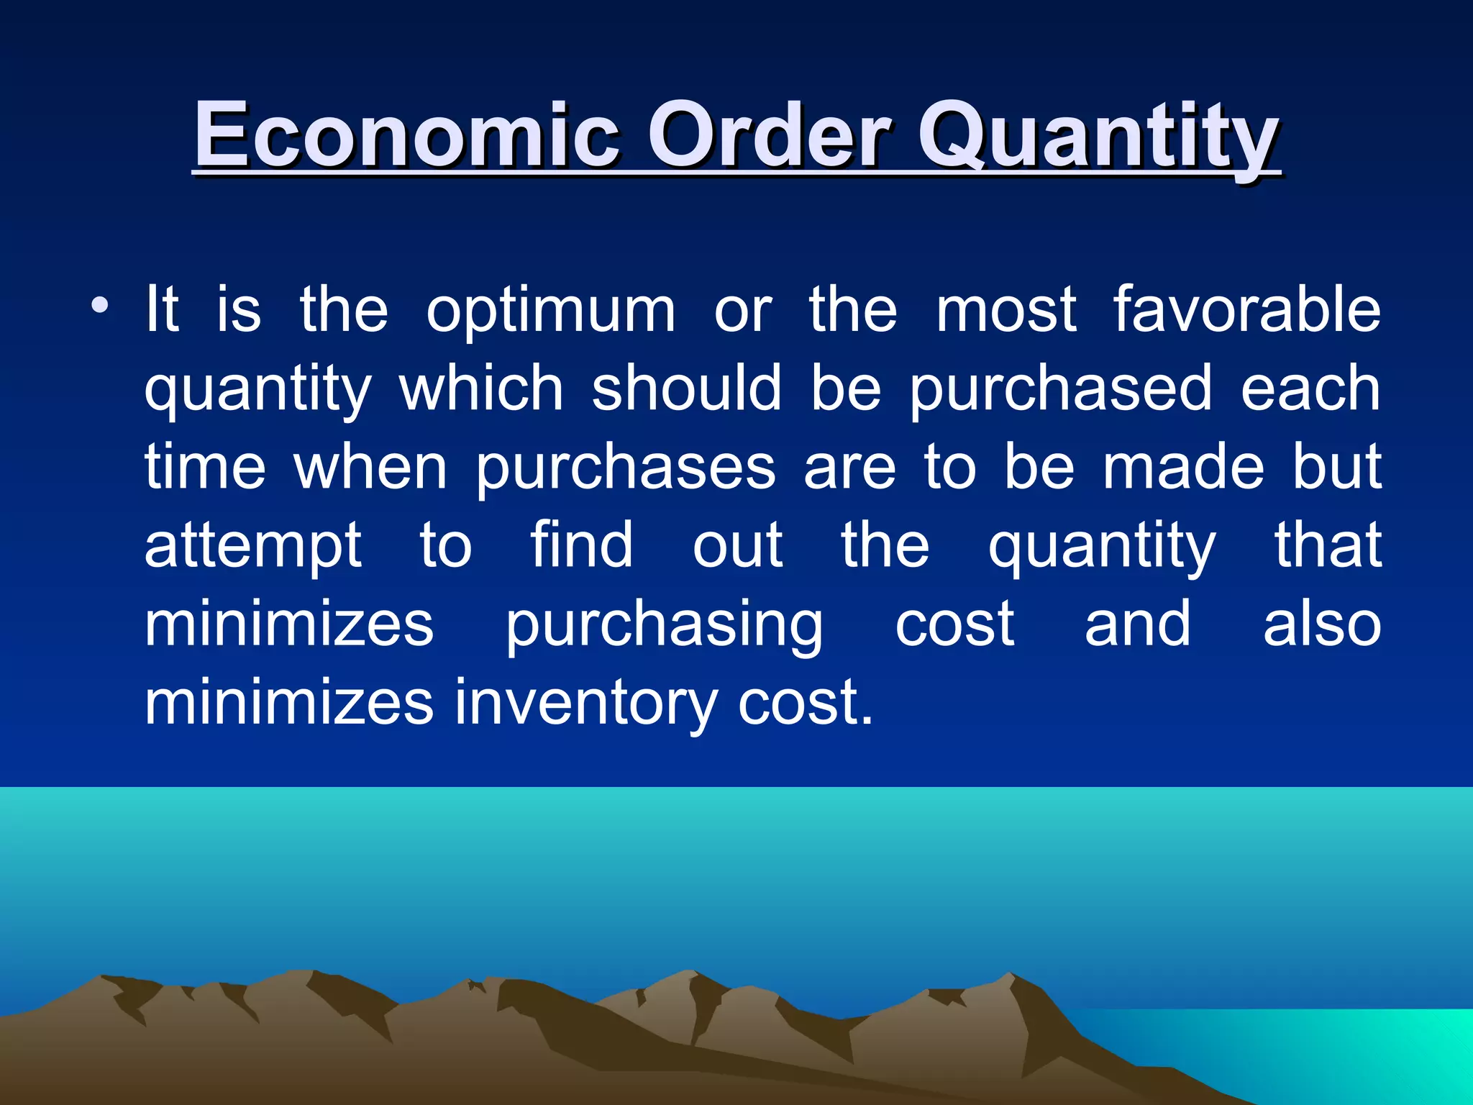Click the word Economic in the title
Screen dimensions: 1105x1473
(406, 135)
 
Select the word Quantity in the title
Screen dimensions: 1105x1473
(1098, 137)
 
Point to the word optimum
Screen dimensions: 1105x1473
(551, 312)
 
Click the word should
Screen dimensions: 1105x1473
(686, 388)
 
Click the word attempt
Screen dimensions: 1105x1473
(253, 547)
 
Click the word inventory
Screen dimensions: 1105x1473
(585, 704)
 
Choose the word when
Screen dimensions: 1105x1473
(370, 468)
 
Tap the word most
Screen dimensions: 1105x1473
(1005, 311)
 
